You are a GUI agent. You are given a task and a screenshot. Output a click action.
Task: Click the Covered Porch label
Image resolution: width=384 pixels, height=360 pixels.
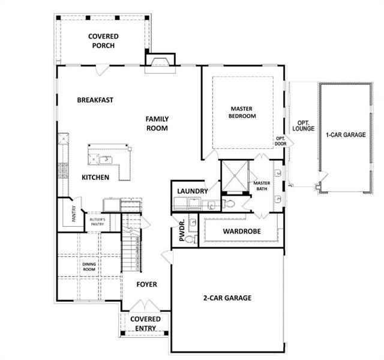click(103, 41)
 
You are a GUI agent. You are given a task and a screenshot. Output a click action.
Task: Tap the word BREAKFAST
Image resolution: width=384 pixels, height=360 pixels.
click(95, 100)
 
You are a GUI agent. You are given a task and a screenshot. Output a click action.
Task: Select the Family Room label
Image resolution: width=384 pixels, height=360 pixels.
click(157, 124)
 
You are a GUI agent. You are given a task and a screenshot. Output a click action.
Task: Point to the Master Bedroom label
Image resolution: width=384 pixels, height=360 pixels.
click(242, 112)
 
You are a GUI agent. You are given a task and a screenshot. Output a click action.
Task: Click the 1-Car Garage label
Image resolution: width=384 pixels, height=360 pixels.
click(346, 134)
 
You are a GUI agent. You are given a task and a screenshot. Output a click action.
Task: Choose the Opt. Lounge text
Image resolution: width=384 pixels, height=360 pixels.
click(303, 126)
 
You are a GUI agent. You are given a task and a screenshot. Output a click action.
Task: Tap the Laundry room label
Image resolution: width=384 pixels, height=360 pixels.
click(193, 191)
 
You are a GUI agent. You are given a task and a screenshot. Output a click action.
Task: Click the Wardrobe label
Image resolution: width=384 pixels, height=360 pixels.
click(242, 231)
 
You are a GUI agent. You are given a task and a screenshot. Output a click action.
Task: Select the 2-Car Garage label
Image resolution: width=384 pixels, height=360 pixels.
click(227, 298)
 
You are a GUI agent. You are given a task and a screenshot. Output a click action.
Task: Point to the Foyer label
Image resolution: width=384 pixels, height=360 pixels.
click(146, 284)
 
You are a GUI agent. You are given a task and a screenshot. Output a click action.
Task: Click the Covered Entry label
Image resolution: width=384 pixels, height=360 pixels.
click(145, 323)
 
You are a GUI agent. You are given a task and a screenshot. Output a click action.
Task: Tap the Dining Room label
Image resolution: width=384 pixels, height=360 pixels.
click(89, 266)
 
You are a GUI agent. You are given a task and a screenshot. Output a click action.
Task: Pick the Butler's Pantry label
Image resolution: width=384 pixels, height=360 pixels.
click(97, 222)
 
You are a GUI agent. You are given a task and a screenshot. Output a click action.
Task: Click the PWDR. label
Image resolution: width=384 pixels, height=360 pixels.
click(182, 230)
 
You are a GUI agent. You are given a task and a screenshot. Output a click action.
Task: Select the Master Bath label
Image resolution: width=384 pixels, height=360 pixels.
click(262, 186)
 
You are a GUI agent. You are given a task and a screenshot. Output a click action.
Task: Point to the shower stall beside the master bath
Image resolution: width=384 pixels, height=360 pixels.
click(235, 176)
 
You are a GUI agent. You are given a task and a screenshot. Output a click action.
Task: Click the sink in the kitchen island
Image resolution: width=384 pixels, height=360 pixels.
click(106, 160)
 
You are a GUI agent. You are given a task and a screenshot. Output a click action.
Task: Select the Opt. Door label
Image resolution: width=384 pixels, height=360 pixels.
click(280, 142)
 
